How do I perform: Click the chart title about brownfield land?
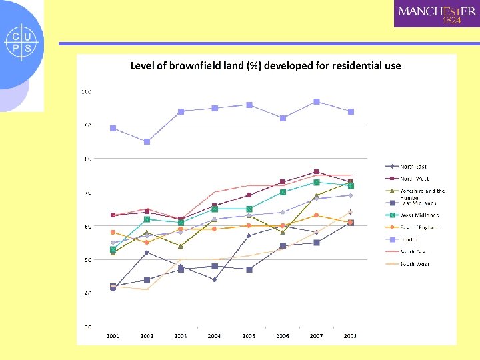pos(265,65)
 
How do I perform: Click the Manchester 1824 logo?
pos(437,13)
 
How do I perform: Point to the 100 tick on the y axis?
pos(86,91)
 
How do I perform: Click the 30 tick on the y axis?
pos(87,327)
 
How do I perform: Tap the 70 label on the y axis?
pos(87,193)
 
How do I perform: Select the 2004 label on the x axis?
pos(215,336)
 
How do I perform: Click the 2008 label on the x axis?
pos(350,336)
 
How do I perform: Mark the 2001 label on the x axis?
pos(113,336)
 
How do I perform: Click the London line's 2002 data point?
pos(147,141)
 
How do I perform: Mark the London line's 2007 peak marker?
pos(317,102)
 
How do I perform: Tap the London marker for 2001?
pos(113,128)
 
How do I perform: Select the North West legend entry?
pos(414,179)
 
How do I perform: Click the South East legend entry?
pos(414,251)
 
